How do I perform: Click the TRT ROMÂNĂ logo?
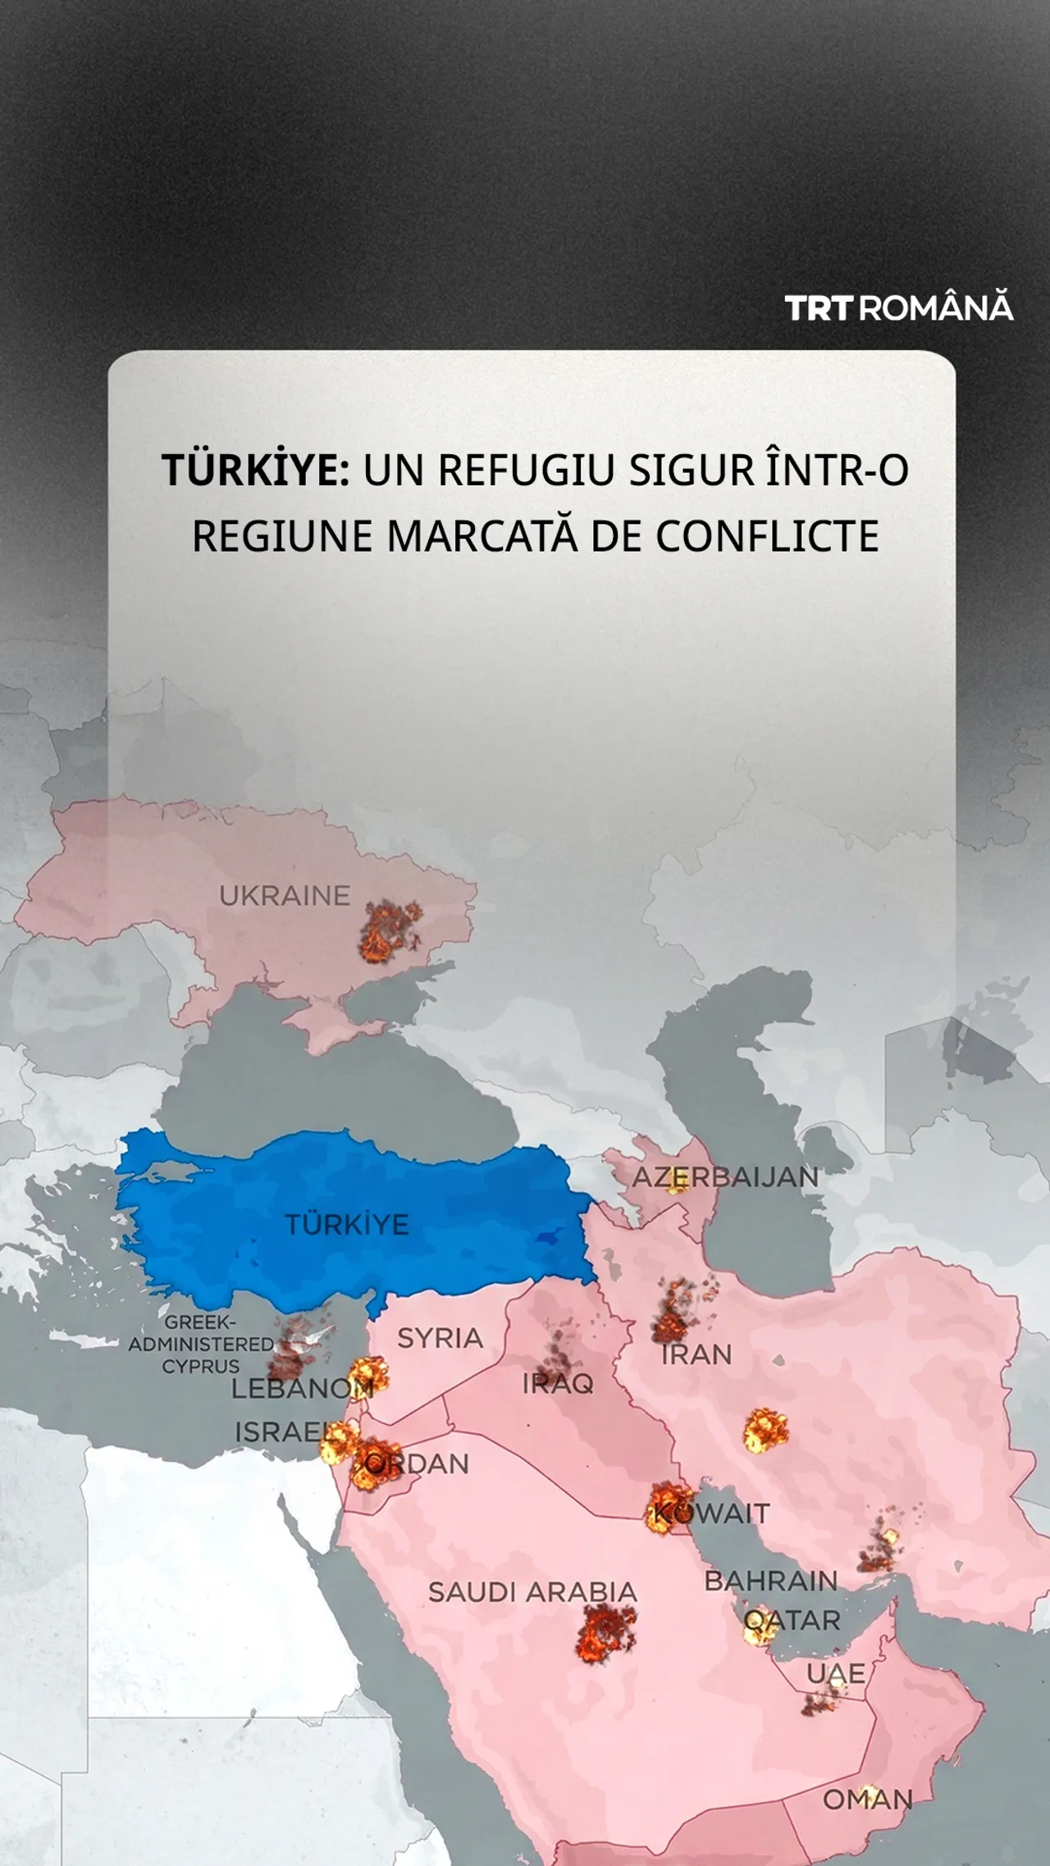click(x=899, y=308)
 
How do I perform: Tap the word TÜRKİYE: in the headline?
click(x=256, y=471)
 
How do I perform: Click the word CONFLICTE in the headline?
click(x=767, y=536)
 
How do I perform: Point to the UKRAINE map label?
click(x=285, y=896)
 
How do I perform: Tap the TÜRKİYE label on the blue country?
click(x=347, y=1225)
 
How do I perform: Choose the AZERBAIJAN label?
click(x=725, y=1177)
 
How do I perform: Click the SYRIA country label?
click(x=441, y=1338)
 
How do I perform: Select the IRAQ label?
click(x=558, y=1384)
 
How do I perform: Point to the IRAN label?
click(x=696, y=1354)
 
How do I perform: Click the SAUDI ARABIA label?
click(x=532, y=1592)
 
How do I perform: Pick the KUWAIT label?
click(x=712, y=1513)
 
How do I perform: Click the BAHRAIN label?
click(x=771, y=1581)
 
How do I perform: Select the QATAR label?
click(x=792, y=1620)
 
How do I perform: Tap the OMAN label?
click(x=868, y=1800)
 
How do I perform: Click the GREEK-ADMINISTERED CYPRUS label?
click(x=201, y=1344)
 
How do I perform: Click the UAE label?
click(x=835, y=1673)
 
